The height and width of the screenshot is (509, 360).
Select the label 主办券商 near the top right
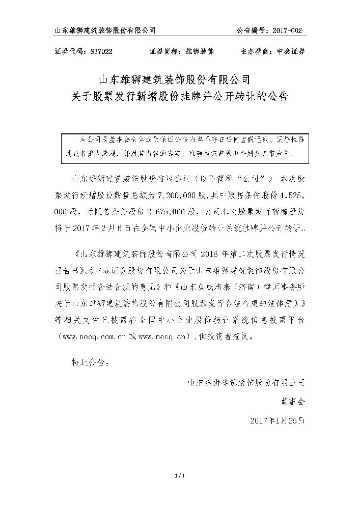pyautogui.click(x=255, y=51)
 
